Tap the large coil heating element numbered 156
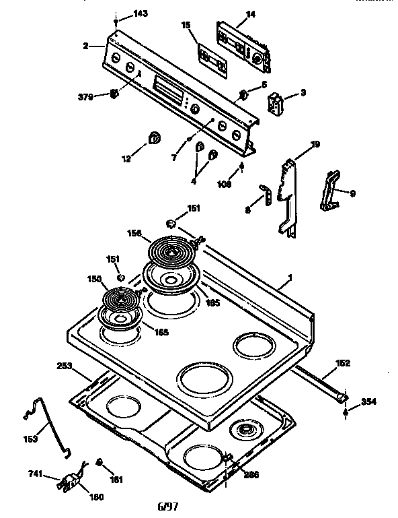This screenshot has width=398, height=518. pyautogui.click(x=170, y=255)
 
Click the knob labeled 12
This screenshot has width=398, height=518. pyautogui.click(x=154, y=139)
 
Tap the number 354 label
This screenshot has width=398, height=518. pyautogui.click(x=368, y=402)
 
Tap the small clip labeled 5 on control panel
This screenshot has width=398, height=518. pyautogui.click(x=243, y=94)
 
